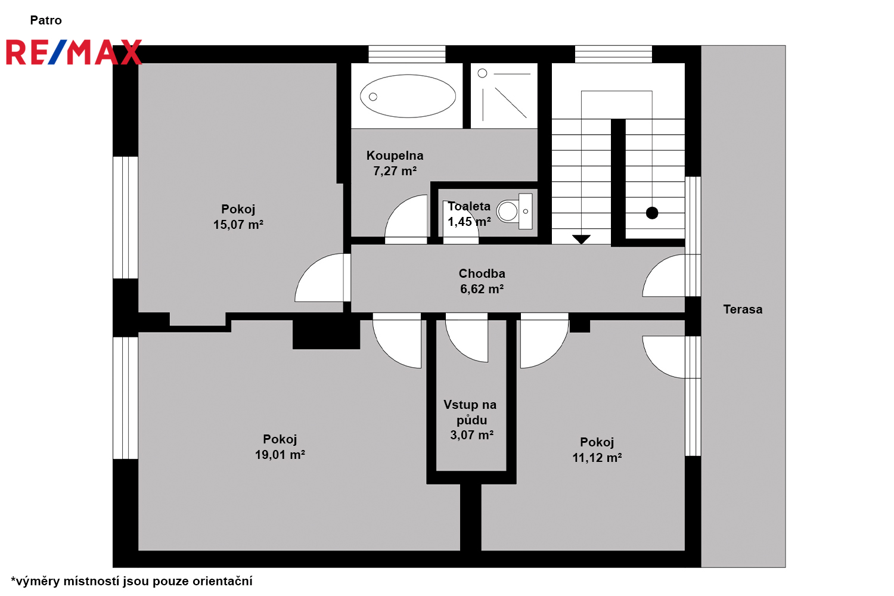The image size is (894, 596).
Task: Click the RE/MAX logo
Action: point(74,52)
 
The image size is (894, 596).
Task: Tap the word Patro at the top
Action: point(46,20)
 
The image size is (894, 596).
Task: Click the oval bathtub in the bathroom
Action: point(408,96)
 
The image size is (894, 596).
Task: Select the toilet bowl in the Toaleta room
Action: point(508,211)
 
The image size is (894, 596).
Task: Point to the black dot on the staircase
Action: point(652,213)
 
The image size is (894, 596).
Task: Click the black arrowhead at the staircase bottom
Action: point(581,239)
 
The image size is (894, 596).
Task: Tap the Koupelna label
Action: point(395,156)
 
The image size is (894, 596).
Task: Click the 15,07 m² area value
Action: point(238,225)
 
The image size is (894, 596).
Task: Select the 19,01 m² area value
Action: point(280,455)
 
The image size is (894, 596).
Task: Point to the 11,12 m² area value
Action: point(597,458)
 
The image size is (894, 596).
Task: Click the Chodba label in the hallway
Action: point(482,274)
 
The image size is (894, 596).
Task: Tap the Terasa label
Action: point(743,309)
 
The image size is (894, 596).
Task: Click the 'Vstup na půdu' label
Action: point(470,412)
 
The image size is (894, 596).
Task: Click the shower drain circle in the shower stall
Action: point(482,73)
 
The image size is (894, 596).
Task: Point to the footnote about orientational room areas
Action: point(132,581)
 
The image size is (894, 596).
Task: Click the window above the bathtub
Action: point(406,54)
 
